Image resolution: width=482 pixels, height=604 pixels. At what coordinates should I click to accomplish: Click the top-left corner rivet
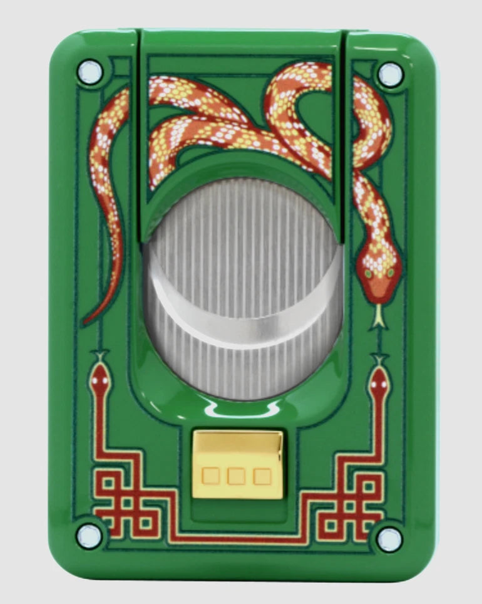click(x=90, y=72)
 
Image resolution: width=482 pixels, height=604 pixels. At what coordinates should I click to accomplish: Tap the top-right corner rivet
click(x=391, y=74)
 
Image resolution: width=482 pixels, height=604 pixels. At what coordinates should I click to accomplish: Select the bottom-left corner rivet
click(x=89, y=535)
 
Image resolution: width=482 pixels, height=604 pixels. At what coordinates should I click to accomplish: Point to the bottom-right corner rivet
click(x=389, y=539)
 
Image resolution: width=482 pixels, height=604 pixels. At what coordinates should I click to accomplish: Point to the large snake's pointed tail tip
click(x=86, y=322)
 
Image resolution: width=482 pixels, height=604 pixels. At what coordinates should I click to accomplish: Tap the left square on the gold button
click(x=212, y=477)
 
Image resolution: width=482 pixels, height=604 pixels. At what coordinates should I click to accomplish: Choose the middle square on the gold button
click(x=236, y=477)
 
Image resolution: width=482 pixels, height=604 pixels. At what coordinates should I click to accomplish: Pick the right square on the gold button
click(x=261, y=477)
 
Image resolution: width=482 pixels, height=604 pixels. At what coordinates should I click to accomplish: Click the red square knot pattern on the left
click(x=125, y=501)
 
